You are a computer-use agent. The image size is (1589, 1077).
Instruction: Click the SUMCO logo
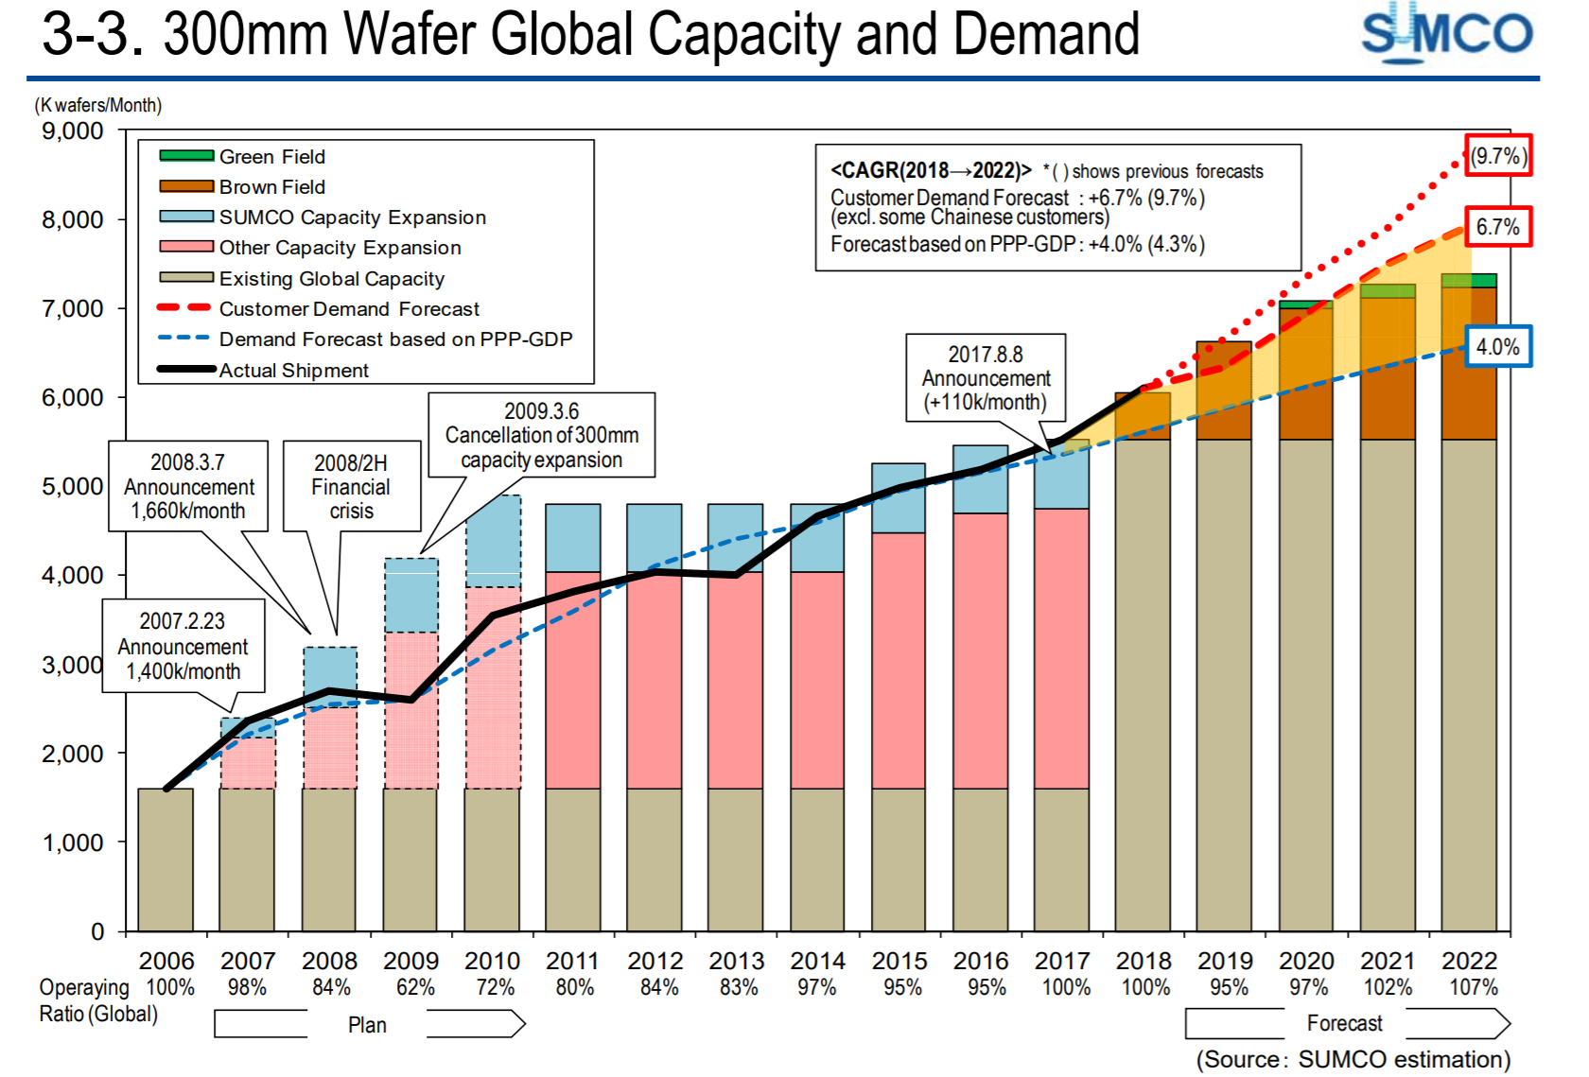(1446, 34)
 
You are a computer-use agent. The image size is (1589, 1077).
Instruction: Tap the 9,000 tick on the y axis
(73, 131)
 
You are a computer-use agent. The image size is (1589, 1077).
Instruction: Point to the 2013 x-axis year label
(736, 961)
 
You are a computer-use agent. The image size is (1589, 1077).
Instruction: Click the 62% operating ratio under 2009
(415, 987)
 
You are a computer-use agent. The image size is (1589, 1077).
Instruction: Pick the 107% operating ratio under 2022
(1473, 987)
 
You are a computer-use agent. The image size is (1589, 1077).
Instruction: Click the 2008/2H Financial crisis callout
(351, 487)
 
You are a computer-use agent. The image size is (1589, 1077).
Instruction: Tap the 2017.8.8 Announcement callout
(986, 377)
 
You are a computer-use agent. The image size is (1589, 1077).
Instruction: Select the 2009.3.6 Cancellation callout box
(541, 435)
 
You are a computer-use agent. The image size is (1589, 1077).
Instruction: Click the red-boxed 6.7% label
(1498, 227)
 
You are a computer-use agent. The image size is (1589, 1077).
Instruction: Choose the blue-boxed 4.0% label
(1498, 347)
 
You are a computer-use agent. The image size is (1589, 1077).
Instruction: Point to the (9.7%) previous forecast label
(1498, 156)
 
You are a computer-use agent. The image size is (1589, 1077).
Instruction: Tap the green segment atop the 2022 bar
(1469, 280)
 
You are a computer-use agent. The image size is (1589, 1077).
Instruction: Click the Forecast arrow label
(1344, 1023)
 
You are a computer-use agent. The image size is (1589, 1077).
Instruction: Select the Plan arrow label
(367, 1025)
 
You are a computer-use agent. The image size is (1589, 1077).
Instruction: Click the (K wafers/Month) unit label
(98, 105)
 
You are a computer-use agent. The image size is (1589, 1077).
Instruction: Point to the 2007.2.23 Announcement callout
(183, 646)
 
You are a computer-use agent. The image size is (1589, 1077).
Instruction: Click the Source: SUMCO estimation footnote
(1353, 1059)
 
